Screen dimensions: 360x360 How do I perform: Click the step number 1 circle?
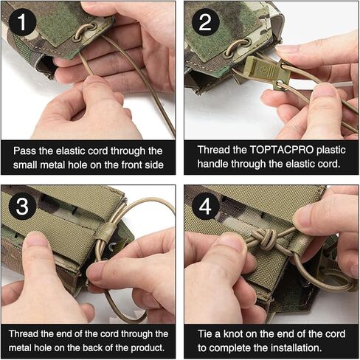click(22, 22)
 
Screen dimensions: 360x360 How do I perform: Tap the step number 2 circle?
click(205, 22)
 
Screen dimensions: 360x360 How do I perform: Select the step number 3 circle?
click(22, 206)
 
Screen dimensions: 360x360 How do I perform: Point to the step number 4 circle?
click(205, 206)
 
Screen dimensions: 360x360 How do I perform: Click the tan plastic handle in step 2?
click(265, 69)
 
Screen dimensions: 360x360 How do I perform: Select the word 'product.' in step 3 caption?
click(148, 347)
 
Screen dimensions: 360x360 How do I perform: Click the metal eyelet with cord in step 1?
click(85, 31)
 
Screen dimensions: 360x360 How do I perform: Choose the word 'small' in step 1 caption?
click(25, 165)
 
